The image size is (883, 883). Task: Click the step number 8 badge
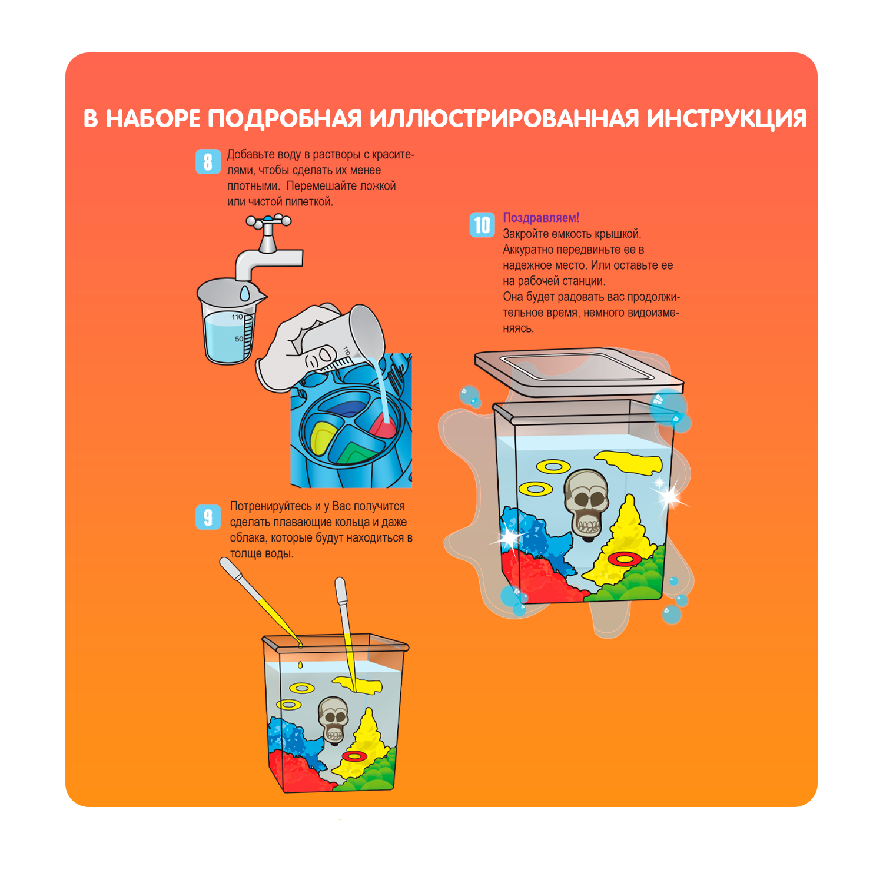coord(208,161)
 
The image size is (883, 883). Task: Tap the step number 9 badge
coord(208,517)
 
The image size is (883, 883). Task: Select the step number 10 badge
coord(482,225)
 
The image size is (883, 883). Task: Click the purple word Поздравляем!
coord(541,218)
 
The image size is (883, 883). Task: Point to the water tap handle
coord(268,221)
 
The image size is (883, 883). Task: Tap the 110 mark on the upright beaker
coord(237,317)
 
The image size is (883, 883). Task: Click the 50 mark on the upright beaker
coord(239,339)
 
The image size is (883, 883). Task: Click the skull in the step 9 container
coord(334,719)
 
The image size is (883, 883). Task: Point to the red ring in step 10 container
coord(625,558)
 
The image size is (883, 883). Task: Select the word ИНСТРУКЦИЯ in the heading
coord(726,118)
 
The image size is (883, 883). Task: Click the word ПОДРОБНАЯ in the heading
coord(284,118)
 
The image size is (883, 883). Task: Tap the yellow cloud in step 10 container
coord(629,462)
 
